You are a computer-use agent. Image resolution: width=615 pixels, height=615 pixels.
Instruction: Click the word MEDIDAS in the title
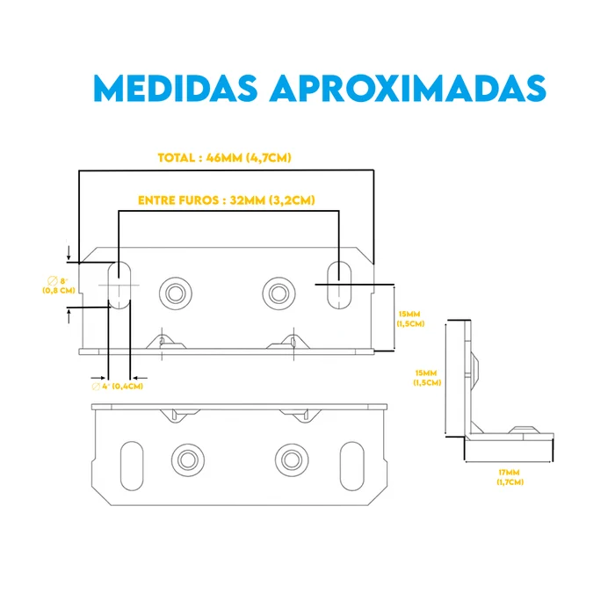point(176,88)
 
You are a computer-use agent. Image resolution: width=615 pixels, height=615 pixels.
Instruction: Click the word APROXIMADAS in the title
point(408,88)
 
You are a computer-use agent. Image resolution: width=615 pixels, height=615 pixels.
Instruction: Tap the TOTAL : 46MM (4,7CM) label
point(224,157)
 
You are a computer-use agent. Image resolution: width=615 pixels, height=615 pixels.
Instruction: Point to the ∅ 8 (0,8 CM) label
point(59,286)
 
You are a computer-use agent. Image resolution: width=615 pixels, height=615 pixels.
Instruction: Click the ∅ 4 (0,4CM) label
point(117,387)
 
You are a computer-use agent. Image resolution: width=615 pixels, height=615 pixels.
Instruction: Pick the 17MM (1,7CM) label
point(510,477)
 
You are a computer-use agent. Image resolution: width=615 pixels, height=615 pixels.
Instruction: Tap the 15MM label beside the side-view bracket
point(427,377)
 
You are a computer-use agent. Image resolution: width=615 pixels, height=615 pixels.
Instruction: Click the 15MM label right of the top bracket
point(410,319)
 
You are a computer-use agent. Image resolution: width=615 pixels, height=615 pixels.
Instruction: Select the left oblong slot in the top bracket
point(119,286)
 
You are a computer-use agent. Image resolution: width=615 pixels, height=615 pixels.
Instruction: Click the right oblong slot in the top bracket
point(339,286)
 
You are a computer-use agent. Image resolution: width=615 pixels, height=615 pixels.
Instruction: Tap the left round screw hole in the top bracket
point(176,293)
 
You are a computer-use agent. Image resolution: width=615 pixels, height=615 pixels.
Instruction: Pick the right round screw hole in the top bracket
point(279,293)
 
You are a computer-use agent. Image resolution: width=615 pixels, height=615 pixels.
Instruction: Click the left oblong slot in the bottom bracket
point(132,466)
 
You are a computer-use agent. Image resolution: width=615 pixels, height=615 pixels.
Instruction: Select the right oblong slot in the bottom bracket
point(352,466)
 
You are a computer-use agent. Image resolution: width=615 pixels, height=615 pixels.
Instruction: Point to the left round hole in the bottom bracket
point(188,460)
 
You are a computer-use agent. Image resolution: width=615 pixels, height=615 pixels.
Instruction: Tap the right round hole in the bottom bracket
point(292,460)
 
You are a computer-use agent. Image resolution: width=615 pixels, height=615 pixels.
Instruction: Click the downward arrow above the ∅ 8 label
point(69,253)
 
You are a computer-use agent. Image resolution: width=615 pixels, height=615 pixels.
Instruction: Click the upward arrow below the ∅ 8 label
point(69,316)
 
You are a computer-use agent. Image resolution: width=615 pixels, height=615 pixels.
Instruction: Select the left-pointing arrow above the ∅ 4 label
point(140,378)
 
